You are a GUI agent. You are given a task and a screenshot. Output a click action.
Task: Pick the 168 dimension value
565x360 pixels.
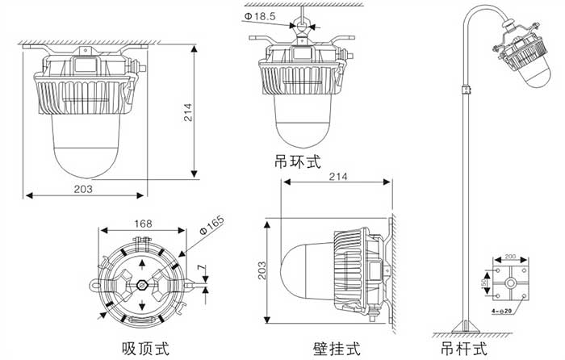tap(143, 224)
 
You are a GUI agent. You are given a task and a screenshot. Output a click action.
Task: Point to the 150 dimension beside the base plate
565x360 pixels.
tap(484, 283)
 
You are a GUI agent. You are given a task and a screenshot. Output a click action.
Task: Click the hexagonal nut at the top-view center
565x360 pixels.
tap(143, 284)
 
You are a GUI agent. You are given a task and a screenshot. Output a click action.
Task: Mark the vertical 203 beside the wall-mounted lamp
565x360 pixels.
tap(262, 270)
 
